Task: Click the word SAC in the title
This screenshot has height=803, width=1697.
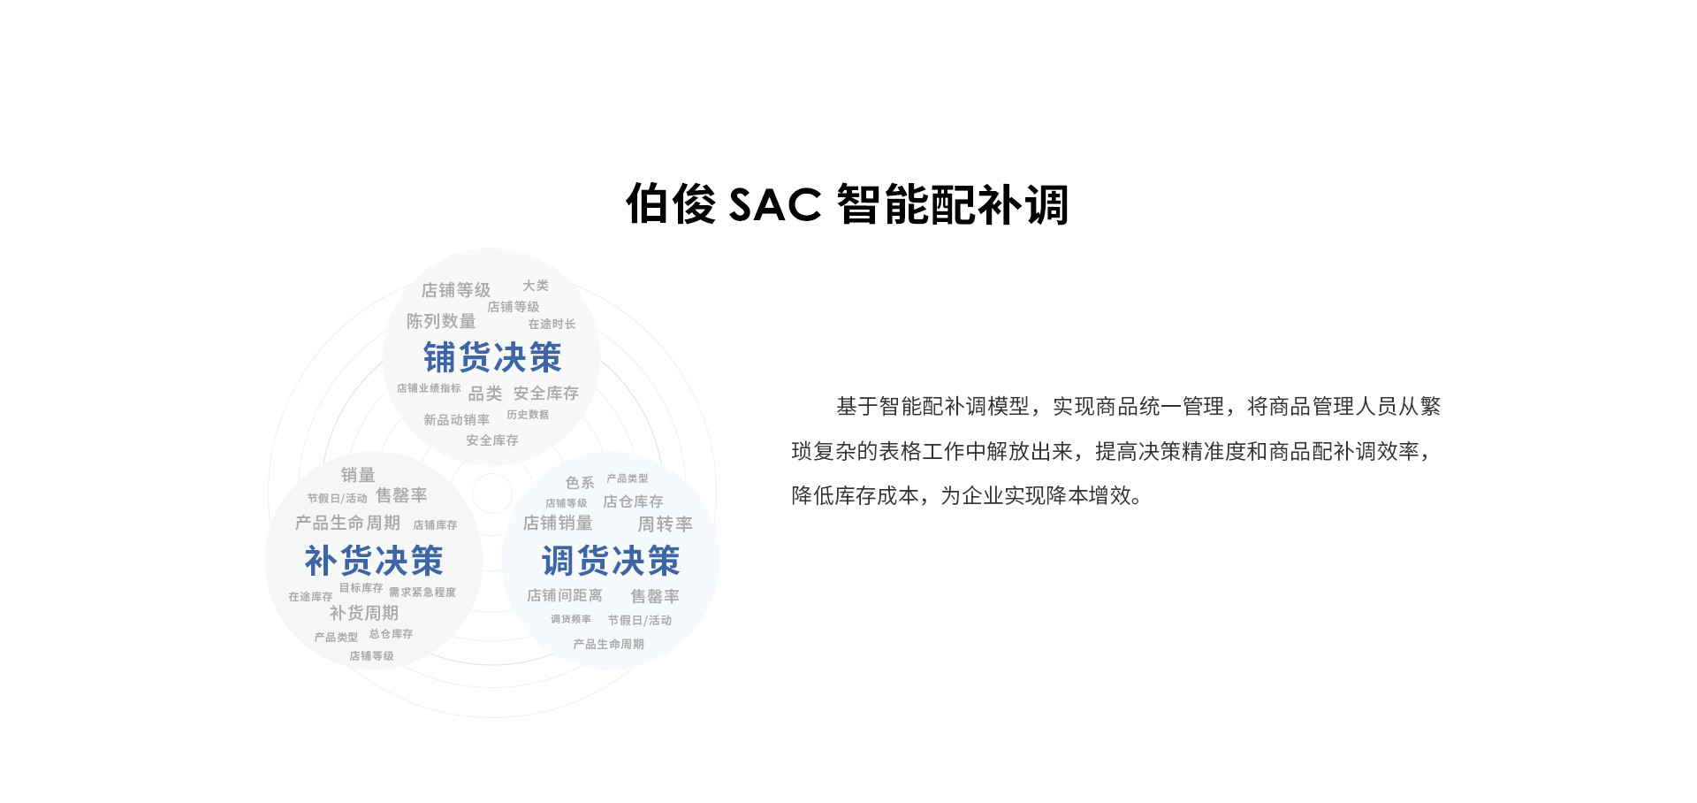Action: click(774, 205)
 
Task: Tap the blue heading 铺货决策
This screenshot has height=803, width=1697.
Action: click(492, 358)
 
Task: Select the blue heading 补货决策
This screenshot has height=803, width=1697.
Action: click(374, 561)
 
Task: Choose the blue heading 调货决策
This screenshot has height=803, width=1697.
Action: click(611, 561)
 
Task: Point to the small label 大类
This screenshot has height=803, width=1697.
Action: click(535, 286)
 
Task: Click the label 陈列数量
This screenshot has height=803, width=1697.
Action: click(441, 321)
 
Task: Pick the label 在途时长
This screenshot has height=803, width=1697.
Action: click(552, 325)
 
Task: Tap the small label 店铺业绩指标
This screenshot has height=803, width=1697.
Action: click(429, 388)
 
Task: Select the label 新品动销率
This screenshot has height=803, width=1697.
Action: click(456, 420)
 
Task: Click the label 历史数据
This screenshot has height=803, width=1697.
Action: click(528, 415)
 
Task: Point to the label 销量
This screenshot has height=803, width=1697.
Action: click(358, 475)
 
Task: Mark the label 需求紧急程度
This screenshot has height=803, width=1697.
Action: click(422, 593)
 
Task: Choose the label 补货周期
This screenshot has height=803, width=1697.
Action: click(364, 613)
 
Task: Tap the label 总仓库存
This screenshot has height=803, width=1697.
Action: click(391, 634)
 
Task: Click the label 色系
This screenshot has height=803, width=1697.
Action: click(580, 483)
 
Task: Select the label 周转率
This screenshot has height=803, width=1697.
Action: click(665, 524)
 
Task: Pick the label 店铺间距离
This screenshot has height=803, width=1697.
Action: click(565, 596)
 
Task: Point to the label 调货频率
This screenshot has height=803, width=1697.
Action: click(571, 619)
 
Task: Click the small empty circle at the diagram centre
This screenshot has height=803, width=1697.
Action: click(492, 493)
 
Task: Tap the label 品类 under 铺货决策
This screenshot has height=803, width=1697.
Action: click(485, 394)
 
